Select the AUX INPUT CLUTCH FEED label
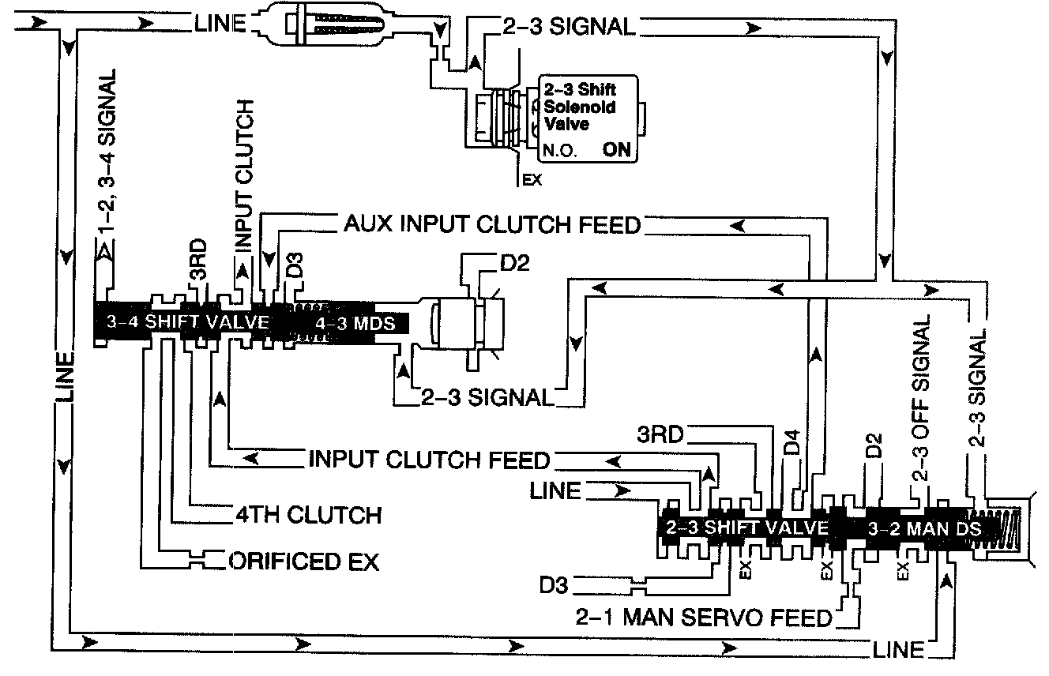coord(491,225)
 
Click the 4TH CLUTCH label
coord(308,515)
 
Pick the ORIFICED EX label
coord(304,561)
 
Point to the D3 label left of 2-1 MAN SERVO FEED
coord(556,586)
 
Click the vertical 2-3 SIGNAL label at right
coord(978,390)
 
